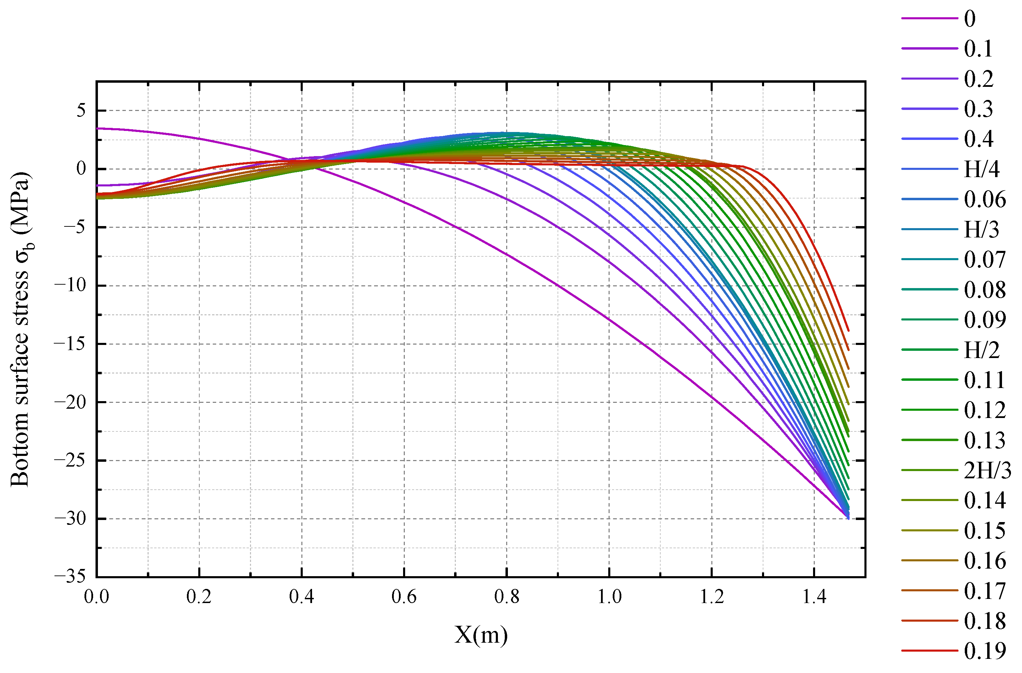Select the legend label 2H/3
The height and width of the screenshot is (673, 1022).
pyautogui.click(x=987, y=470)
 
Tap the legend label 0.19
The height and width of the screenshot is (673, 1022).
pyautogui.click(x=985, y=651)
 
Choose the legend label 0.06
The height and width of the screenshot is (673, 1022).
pyautogui.click(x=985, y=199)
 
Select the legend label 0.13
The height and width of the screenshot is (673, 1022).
pyautogui.click(x=985, y=440)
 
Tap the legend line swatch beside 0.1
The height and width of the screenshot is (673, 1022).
pyautogui.click(x=929, y=49)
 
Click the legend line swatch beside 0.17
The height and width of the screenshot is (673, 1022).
pyautogui.click(x=929, y=591)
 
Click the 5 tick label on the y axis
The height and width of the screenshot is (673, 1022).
pyautogui.click(x=81, y=111)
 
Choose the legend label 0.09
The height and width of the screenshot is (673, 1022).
pyautogui.click(x=985, y=320)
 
